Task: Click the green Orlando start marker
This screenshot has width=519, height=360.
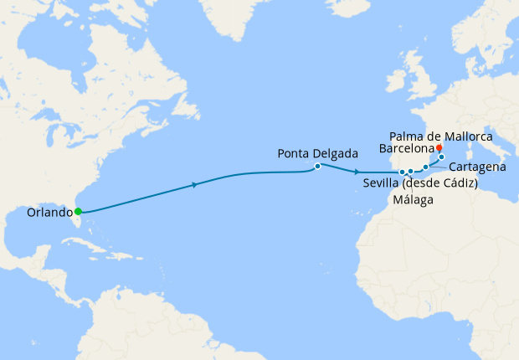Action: (x=78, y=211)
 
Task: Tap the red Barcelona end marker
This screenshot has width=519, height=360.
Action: (x=439, y=147)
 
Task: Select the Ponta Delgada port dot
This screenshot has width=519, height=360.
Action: (x=318, y=166)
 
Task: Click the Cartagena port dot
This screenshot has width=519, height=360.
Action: (x=425, y=167)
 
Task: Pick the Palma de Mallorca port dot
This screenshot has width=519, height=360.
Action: (x=441, y=157)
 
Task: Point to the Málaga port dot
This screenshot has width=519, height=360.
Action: (x=411, y=172)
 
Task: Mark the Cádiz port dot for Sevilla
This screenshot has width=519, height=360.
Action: (x=403, y=172)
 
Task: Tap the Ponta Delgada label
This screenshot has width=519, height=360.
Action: (x=318, y=153)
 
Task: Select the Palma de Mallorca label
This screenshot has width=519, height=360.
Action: (x=441, y=136)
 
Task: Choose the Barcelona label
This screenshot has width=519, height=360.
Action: (x=408, y=148)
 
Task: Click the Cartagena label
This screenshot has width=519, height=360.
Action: (x=476, y=167)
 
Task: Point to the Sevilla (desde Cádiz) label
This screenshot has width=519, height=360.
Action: (x=420, y=184)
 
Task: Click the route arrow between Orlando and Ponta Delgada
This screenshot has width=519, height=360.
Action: (x=195, y=184)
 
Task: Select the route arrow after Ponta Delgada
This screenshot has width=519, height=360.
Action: (x=357, y=172)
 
